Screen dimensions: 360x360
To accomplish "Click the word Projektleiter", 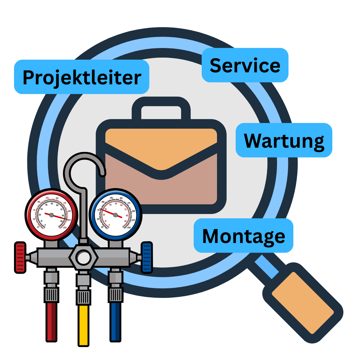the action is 82,77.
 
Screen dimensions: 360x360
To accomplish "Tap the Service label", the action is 245,65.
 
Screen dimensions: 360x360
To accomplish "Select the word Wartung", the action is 284,140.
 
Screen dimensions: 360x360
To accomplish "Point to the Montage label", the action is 244,236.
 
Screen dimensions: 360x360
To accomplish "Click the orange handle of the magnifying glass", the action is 303,302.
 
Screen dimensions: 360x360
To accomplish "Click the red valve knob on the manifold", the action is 20,257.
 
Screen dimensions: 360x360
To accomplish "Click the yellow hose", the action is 83,325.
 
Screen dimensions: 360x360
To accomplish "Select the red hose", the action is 51,322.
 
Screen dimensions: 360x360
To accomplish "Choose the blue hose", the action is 115,322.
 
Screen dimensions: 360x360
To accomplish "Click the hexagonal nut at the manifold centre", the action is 83,257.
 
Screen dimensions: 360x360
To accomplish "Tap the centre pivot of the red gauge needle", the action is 51,215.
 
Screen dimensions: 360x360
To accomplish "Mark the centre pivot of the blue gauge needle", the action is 115,215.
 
